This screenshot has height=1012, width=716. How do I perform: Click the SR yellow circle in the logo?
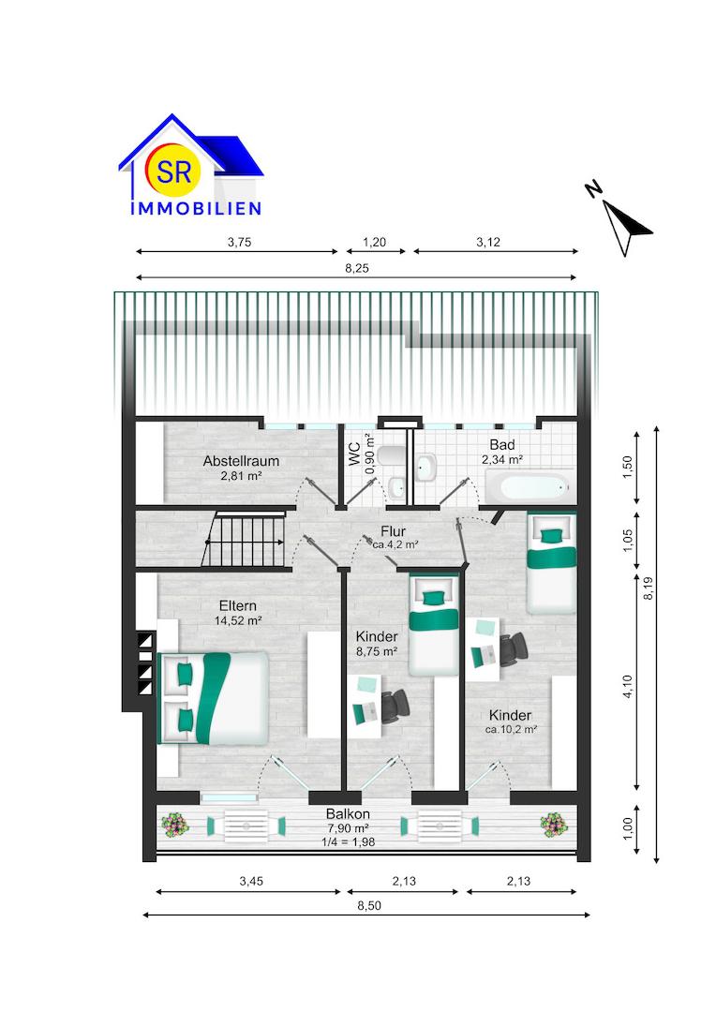tap(171, 171)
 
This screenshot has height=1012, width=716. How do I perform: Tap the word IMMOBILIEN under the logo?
tap(195, 209)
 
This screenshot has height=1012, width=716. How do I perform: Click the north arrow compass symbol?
tap(625, 223)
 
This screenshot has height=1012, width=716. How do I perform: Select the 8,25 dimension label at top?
tap(357, 267)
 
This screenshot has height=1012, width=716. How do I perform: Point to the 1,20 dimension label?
tap(374, 242)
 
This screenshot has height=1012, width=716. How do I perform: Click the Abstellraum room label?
tap(241, 461)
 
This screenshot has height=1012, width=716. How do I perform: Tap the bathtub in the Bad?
tap(528, 486)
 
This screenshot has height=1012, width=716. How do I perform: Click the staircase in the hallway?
tap(245, 539)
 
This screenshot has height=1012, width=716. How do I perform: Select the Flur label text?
tap(393, 531)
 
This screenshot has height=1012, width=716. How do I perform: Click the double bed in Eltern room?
tap(214, 696)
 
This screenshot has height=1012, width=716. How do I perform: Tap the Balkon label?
tap(348, 813)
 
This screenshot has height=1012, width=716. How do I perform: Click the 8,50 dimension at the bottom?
tap(366, 905)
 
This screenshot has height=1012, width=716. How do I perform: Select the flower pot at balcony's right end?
tap(553, 825)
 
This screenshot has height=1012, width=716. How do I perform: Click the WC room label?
tap(355, 454)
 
